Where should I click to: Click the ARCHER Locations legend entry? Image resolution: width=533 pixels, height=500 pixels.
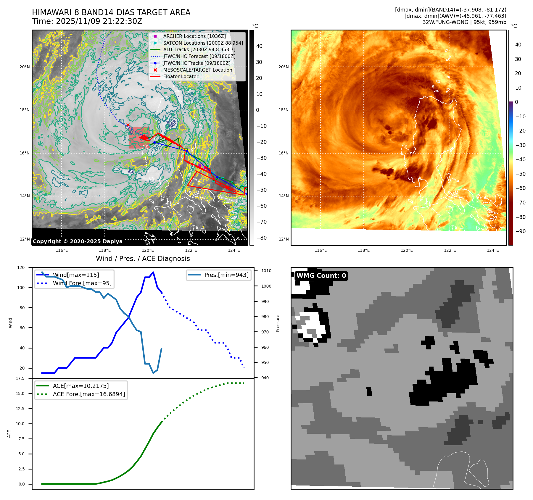(x=194, y=36)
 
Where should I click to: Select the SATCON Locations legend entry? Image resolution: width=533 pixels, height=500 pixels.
(x=203, y=43)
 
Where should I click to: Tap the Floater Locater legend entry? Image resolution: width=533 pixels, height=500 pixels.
(x=181, y=76)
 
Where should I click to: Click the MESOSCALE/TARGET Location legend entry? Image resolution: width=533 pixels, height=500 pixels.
(x=197, y=70)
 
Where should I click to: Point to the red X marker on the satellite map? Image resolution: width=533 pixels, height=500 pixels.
(x=128, y=125)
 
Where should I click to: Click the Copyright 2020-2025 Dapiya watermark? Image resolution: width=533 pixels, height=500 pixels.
(x=78, y=241)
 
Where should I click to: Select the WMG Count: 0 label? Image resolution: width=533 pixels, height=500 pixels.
(x=321, y=276)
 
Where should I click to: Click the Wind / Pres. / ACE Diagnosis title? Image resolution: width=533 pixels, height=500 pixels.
(x=143, y=259)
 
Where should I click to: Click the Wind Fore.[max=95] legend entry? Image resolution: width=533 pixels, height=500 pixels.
(x=82, y=283)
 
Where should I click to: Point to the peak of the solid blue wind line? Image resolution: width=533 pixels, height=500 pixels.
(x=153, y=272)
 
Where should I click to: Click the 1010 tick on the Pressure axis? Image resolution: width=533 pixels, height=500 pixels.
(x=266, y=271)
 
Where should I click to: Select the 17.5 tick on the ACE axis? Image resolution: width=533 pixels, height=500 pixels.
(x=20, y=378)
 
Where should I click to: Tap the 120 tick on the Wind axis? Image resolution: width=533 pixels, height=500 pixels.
(x=21, y=267)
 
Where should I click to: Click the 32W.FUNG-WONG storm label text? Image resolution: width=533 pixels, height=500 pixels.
(x=445, y=22)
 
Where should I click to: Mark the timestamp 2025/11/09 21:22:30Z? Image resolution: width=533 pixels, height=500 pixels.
(x=99, y=21)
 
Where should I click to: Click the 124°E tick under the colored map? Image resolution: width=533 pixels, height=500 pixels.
(x=493, y=251)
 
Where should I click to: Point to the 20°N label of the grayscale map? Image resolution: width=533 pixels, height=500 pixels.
(x=25, y=67)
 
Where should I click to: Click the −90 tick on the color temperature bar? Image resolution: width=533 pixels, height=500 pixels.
(x=520, y=231)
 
